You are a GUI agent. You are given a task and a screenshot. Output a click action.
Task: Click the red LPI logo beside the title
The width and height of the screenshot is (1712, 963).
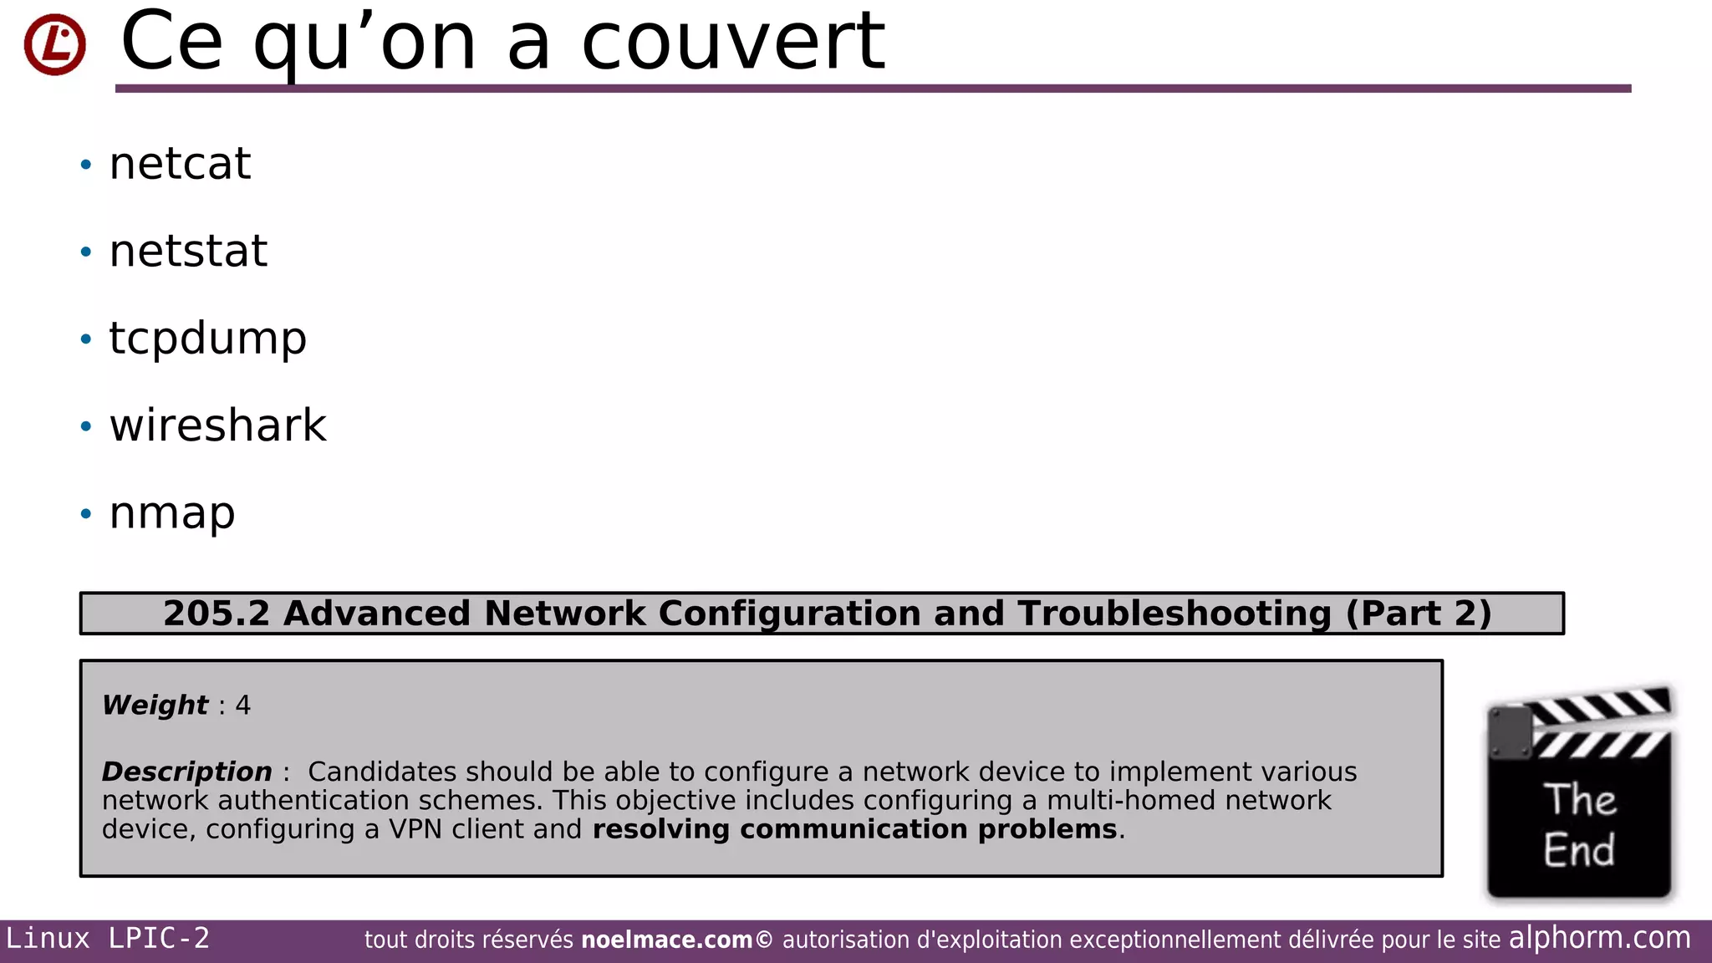click(x=55, y=44)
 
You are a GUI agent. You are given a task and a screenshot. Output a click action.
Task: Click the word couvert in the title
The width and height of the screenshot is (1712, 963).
click(x=732, y=42)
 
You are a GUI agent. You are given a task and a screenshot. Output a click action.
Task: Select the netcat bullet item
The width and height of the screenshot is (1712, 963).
click(x=180, y=164)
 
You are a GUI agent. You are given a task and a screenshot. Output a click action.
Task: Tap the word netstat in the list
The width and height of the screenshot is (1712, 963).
click(x=188, y=252)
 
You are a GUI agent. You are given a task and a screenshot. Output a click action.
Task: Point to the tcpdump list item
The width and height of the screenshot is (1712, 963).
click(x=207, y=339)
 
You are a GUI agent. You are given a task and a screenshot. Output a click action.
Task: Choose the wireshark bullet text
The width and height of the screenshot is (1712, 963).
click(x=217, y=426)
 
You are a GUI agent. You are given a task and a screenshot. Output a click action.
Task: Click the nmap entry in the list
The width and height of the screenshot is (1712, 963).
click(x=172, y=513)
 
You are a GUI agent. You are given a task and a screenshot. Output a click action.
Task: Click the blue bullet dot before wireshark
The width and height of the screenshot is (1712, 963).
click(x=85, y=426)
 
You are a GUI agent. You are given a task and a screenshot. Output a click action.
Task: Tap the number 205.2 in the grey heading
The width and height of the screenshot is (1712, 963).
click(x=217, y=614)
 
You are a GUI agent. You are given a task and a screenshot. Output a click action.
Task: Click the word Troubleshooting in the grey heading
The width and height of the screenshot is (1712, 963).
click(x=1174, y=614)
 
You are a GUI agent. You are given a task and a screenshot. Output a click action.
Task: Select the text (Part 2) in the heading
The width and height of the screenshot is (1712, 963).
click(x=1419, y=614)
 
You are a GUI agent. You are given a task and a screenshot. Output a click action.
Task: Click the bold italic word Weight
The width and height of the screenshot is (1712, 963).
click(x=155, y=705)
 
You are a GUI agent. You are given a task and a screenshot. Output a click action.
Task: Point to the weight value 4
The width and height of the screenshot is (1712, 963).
click(x=243, y=705)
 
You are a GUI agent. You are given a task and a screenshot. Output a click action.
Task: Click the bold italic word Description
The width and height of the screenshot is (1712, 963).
click(x=186, y=772)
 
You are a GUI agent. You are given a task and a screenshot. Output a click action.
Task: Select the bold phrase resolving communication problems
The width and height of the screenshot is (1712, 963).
click(x=854, y=829)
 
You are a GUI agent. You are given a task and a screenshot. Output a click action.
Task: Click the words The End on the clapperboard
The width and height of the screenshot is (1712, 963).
click(x=1579, y=825)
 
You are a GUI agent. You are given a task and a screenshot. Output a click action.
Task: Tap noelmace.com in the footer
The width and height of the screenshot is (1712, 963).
click(x=666, y=940)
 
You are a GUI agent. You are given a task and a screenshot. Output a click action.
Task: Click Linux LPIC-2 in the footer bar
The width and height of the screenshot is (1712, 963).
click(x=108, y=939)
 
